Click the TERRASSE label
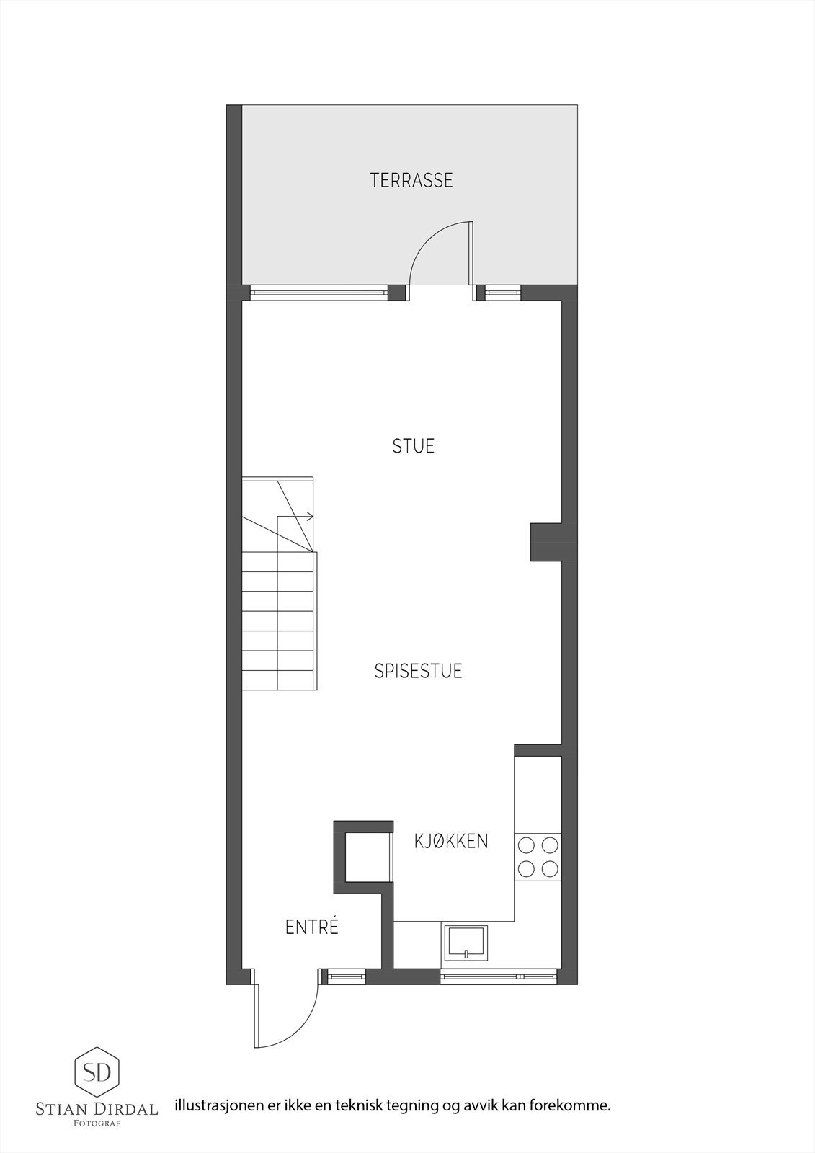(x=411, y=180)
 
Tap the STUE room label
(x=414, y=446)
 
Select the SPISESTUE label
(x=418, y=671)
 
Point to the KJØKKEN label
(x=451, y=841)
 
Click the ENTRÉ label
(x=312, y=927)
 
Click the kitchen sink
(x=466, y=943)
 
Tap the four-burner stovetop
(x=538, y=856)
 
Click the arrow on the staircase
(x=309, y=516)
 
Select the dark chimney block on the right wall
(x=546, y=541)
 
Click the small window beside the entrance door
(x=347, y=976)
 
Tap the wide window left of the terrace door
(x=319, y=293)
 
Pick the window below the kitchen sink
(x=498, y=976)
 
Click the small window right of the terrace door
(x=502, y=293)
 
